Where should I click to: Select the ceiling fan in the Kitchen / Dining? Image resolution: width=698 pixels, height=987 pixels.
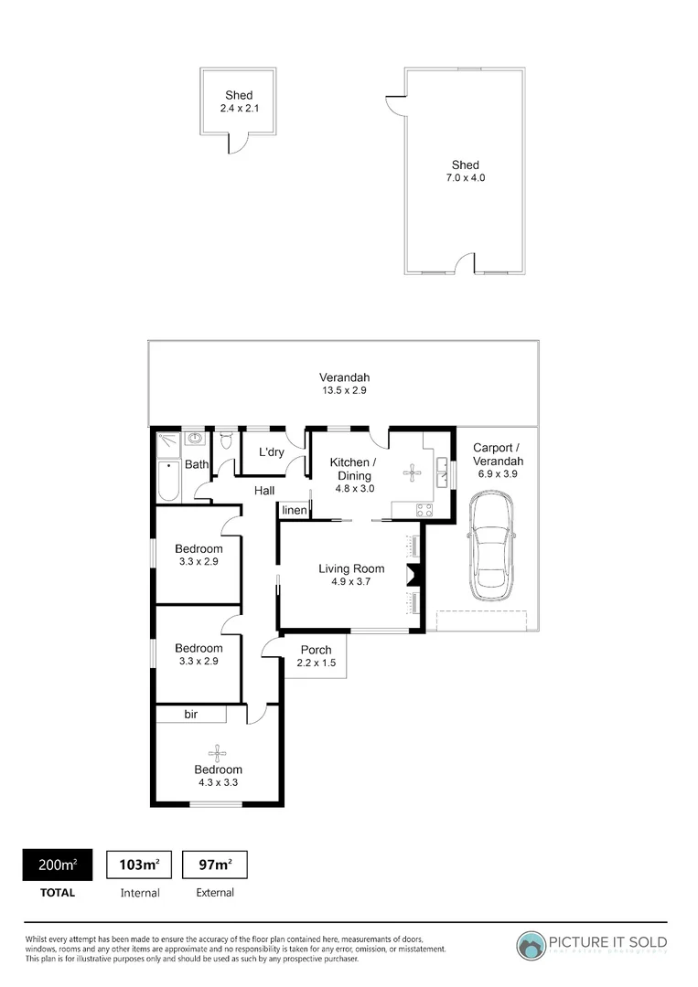click(x=413, y=472)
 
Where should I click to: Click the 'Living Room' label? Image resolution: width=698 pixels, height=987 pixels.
click(x=351, y=569)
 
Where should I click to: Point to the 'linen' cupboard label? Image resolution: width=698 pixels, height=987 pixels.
click(x=294, y=510)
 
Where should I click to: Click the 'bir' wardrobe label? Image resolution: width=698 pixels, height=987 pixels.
click(x=191, y=715)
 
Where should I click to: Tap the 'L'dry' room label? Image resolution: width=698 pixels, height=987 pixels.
click(x=272, y=452)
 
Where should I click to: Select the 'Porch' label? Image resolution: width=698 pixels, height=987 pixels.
click(x=316, y=650)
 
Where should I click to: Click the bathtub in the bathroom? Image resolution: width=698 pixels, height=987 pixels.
click(x=168, y=480)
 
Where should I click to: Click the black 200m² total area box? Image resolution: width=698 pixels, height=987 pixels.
click(x=57, y=865)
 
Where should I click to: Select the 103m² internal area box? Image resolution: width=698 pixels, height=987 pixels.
click(x=140, y=865)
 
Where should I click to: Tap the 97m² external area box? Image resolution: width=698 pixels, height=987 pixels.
click(x=215, y=865)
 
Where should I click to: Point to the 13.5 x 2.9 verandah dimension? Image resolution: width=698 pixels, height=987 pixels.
click(x=344, y=390)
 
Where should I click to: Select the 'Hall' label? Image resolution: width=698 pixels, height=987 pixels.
click(x=264, y=491)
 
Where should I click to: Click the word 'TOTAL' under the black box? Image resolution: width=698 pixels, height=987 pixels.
click(x=57, y=892)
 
